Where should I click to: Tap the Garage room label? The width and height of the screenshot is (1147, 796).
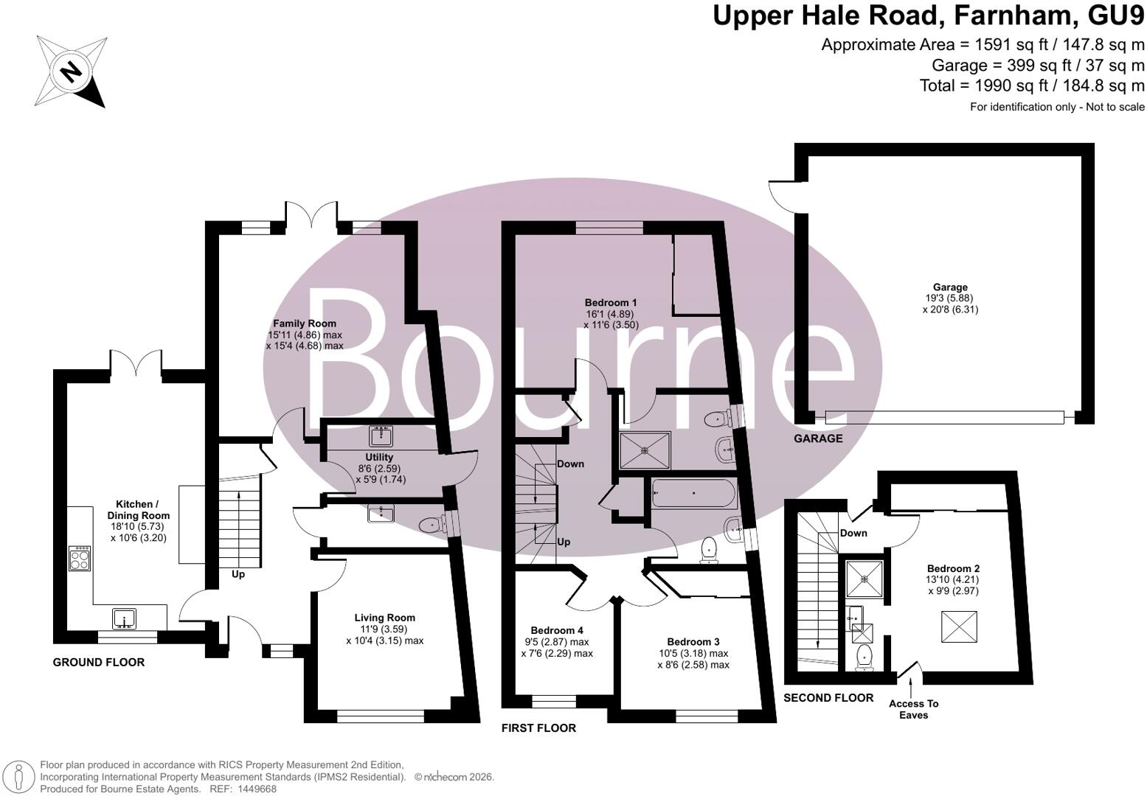(x=950, y=287)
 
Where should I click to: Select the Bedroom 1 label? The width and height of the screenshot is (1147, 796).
(x=611, y=303)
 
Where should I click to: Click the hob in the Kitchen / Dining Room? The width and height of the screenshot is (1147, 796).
(x=80, y=558)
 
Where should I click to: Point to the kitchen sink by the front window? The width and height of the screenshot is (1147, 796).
(x=123, y=618)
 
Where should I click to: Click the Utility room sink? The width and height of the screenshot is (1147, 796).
(x=381, y=436)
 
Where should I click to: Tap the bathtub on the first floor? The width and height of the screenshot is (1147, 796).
(x=693, y=493)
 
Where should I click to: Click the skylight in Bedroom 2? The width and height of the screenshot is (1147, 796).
(x=959, y=626)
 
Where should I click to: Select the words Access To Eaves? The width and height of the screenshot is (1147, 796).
(x=913, y=709)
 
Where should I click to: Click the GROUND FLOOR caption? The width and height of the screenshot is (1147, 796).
(x=99, y=663)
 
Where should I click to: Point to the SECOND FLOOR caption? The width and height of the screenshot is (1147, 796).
(x=828, y=698)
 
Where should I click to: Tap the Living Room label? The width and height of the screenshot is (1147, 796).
(x=384, y=618)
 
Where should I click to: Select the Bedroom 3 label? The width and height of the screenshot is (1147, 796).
(x=693, y=642)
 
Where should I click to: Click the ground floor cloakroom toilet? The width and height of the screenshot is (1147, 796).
(x=433, y=524)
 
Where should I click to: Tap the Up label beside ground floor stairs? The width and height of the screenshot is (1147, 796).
(x=238, y=574)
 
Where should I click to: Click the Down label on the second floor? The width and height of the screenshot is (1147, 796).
(x=853, y=533)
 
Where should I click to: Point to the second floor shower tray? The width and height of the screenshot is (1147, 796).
(x=864, y=579)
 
